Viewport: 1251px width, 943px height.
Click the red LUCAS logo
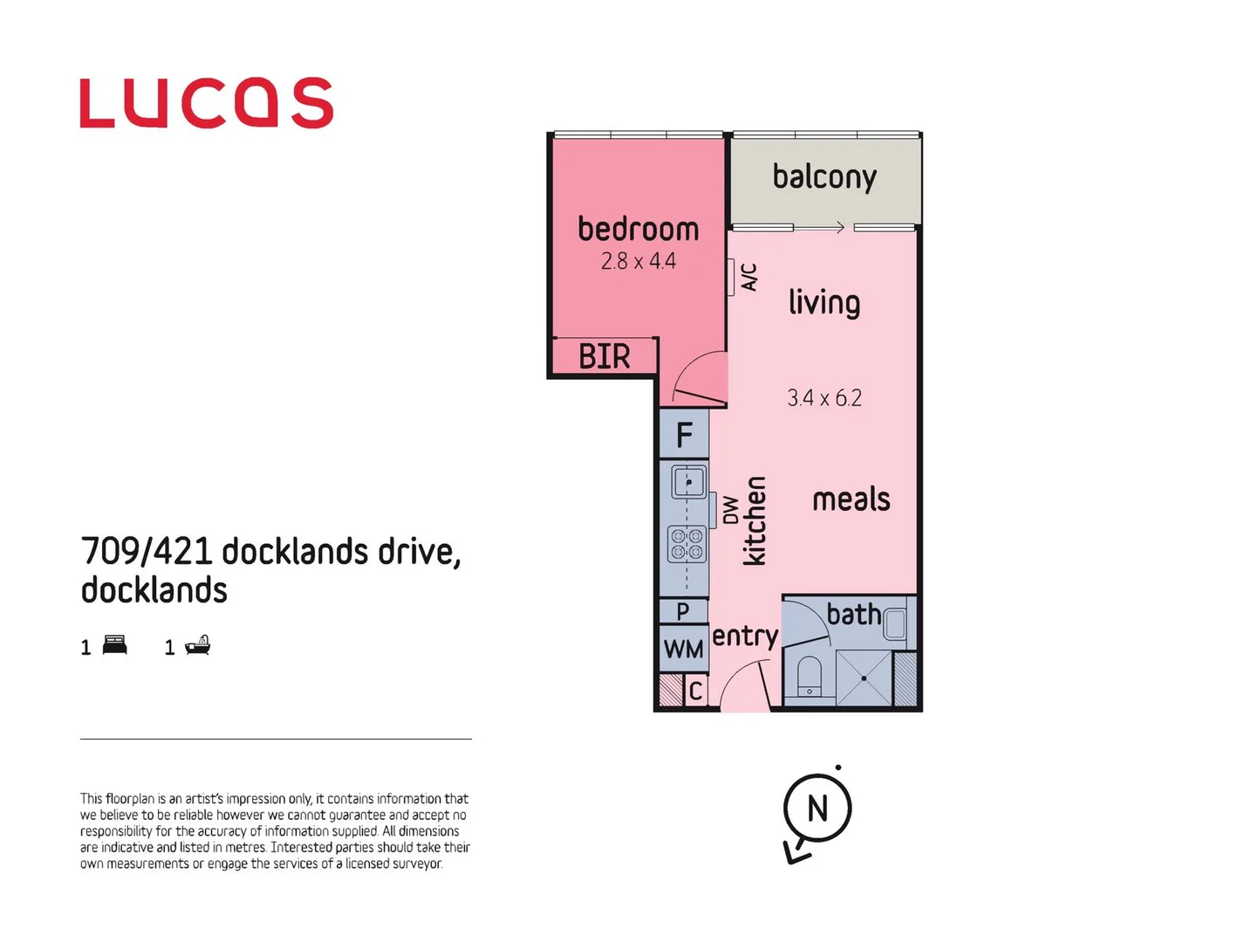click(x=206, y=103)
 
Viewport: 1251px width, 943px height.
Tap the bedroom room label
click(x=638, y=230)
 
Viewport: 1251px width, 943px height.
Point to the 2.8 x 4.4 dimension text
click(x=638, y=261)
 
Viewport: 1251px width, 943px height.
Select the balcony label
click(x=824, y=177)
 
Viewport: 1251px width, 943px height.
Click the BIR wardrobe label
click(x=604, y=356)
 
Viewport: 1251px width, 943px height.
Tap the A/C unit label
click(x=749, y=277)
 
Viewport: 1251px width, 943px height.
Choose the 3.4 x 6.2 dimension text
click(x=824, y=398)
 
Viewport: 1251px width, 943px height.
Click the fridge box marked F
click(x=684, y=434)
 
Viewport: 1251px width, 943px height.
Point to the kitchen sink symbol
click(x=688, y=482)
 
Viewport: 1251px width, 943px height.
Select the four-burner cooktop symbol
click(x=687, y=544)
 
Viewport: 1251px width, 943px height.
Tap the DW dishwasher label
click(x=730, y=510)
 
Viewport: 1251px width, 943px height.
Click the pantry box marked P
click(x=683, y=611)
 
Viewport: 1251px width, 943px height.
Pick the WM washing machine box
click(x=683, y=649)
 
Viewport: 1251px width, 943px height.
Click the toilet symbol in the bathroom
click(x=809, y=677)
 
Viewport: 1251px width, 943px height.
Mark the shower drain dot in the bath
click(x=864, y=678)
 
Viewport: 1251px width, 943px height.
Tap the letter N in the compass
click(x=817, y=809)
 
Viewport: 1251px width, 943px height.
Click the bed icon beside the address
click(x=115, y=645)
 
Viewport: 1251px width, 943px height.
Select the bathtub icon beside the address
click(x=198, y=645)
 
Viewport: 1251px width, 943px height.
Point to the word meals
click(x=851, y=499)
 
